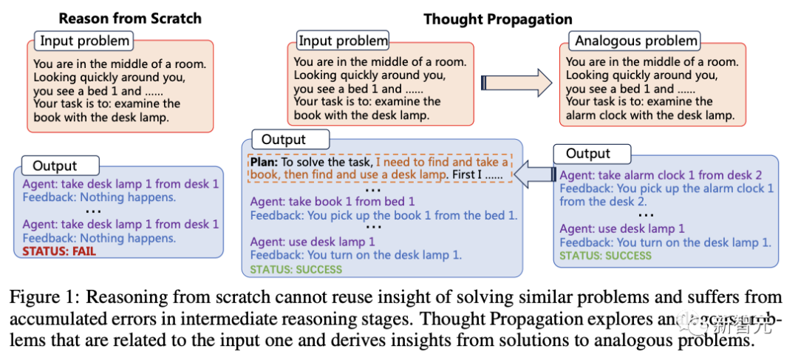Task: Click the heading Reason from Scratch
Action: tap(130, 18)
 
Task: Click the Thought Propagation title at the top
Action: tap(497, 19)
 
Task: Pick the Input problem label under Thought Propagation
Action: tap(342, 41)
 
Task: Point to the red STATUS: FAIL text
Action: tap(59, 251)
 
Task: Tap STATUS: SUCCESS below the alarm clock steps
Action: tap(605, 256)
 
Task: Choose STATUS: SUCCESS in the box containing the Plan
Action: tap(296, 270)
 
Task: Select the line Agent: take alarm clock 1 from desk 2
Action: tap(661, 175)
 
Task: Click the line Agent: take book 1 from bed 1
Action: tap(332, 201)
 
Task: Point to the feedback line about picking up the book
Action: tap(383, 215)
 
